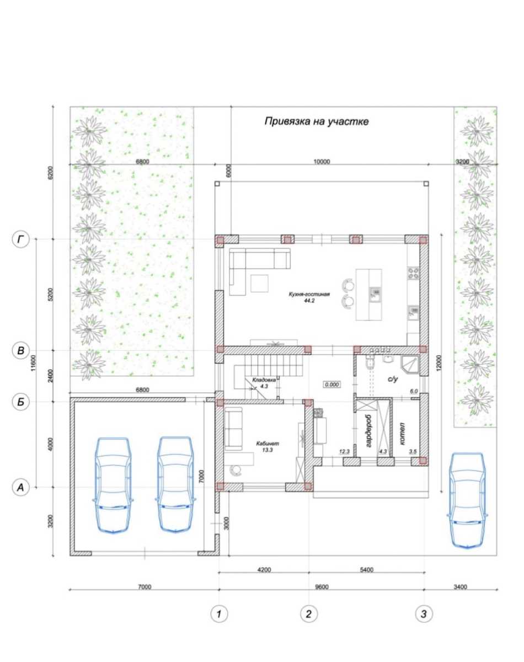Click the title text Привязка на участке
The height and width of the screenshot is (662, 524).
coord(317,121)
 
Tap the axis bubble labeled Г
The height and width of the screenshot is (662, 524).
coord(20,239)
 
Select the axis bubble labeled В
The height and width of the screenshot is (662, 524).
coord(20,350)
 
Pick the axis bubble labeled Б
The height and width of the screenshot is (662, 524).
coord(20,402)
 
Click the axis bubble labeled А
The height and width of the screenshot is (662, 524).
coord(20,487)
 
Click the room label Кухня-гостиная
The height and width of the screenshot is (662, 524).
coord(309,294)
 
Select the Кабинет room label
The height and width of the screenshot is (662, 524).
coord(268,444)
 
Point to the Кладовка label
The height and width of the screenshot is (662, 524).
coord(264,380)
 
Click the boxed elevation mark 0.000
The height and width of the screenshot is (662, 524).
coord(332,385)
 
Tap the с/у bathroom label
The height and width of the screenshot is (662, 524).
coord(393,379)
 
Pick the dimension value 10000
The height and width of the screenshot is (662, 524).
coord(322,162)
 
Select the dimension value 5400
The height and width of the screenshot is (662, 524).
coord(366,570)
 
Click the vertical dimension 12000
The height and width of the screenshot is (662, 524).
coord(439,363)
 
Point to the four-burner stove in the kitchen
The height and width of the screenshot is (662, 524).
coord(414,273)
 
